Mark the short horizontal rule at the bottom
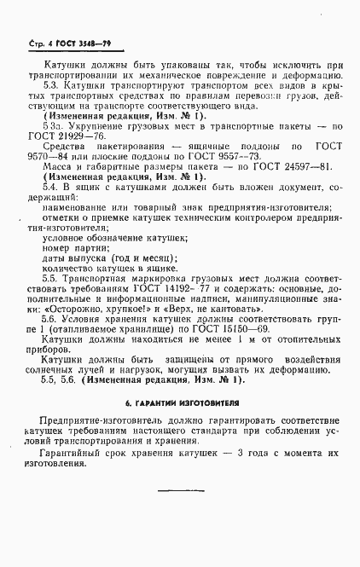point(181,489)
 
